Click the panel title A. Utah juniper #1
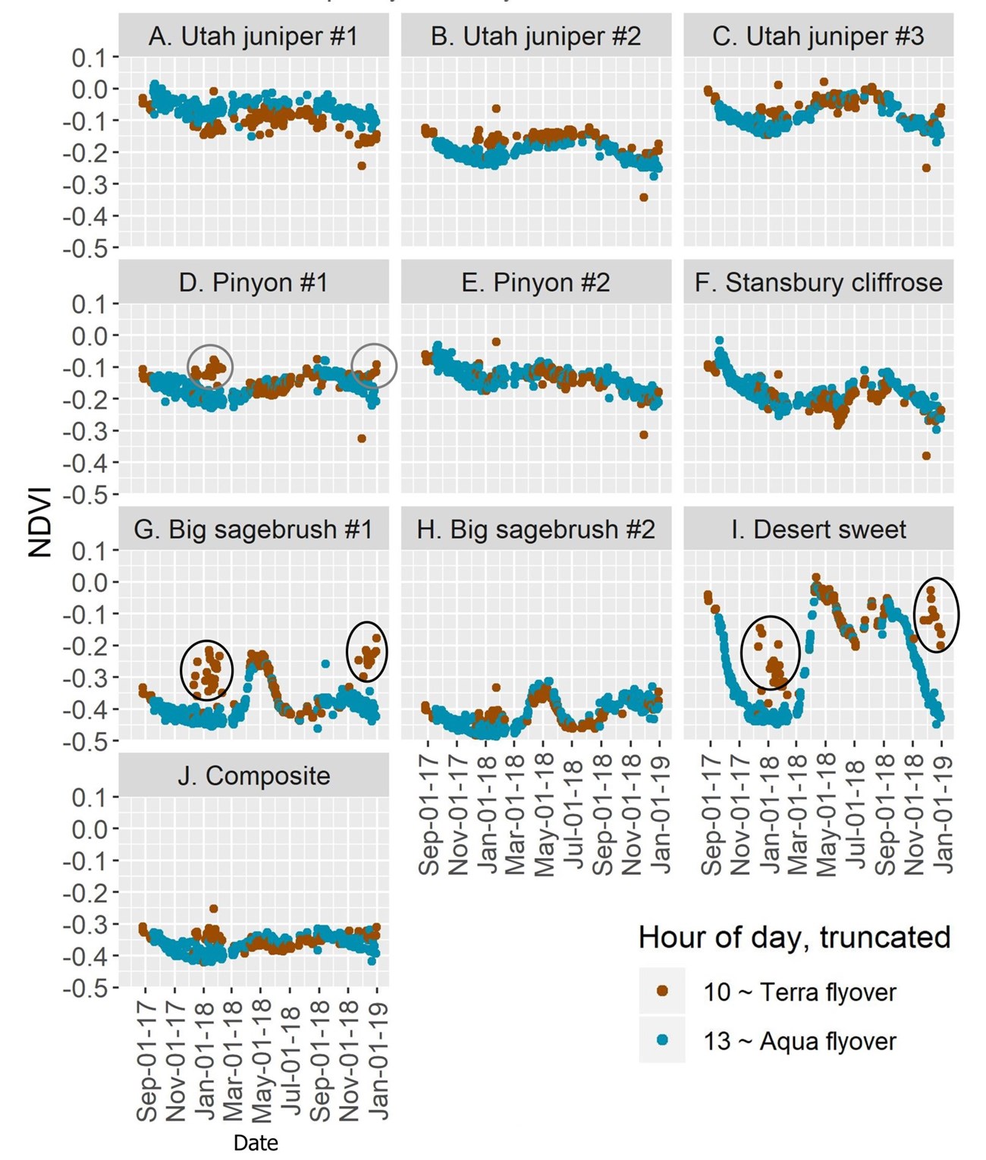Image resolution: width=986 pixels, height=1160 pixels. [253, 36]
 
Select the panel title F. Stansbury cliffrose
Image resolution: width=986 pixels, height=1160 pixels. [818, 283]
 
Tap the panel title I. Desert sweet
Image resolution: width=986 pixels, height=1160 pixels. [818, 530]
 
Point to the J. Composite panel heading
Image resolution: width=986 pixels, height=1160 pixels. [253, 776]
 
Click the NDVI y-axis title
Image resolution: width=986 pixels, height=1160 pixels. [40, 522]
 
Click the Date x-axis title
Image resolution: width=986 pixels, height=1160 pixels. [256, 1143]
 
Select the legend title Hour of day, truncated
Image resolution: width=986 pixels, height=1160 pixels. [794, 938]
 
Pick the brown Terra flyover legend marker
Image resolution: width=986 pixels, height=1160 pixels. [662, 991]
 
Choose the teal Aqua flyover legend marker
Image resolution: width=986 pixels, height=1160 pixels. [662, 1040]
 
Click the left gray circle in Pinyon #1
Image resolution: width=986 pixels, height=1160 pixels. [210, 366]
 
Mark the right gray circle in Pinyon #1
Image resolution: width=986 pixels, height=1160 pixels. [375, 365]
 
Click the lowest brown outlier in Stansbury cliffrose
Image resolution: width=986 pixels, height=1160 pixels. [926, 456]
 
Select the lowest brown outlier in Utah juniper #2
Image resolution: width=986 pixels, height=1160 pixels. [644, 197]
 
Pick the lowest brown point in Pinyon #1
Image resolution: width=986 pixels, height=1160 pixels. [362, 439]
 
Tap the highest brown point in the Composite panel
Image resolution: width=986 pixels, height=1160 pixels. [214, 909]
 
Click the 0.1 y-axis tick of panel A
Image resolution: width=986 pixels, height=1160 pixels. [89, 58]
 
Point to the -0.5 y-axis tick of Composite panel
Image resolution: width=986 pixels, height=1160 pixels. [89, 988]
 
